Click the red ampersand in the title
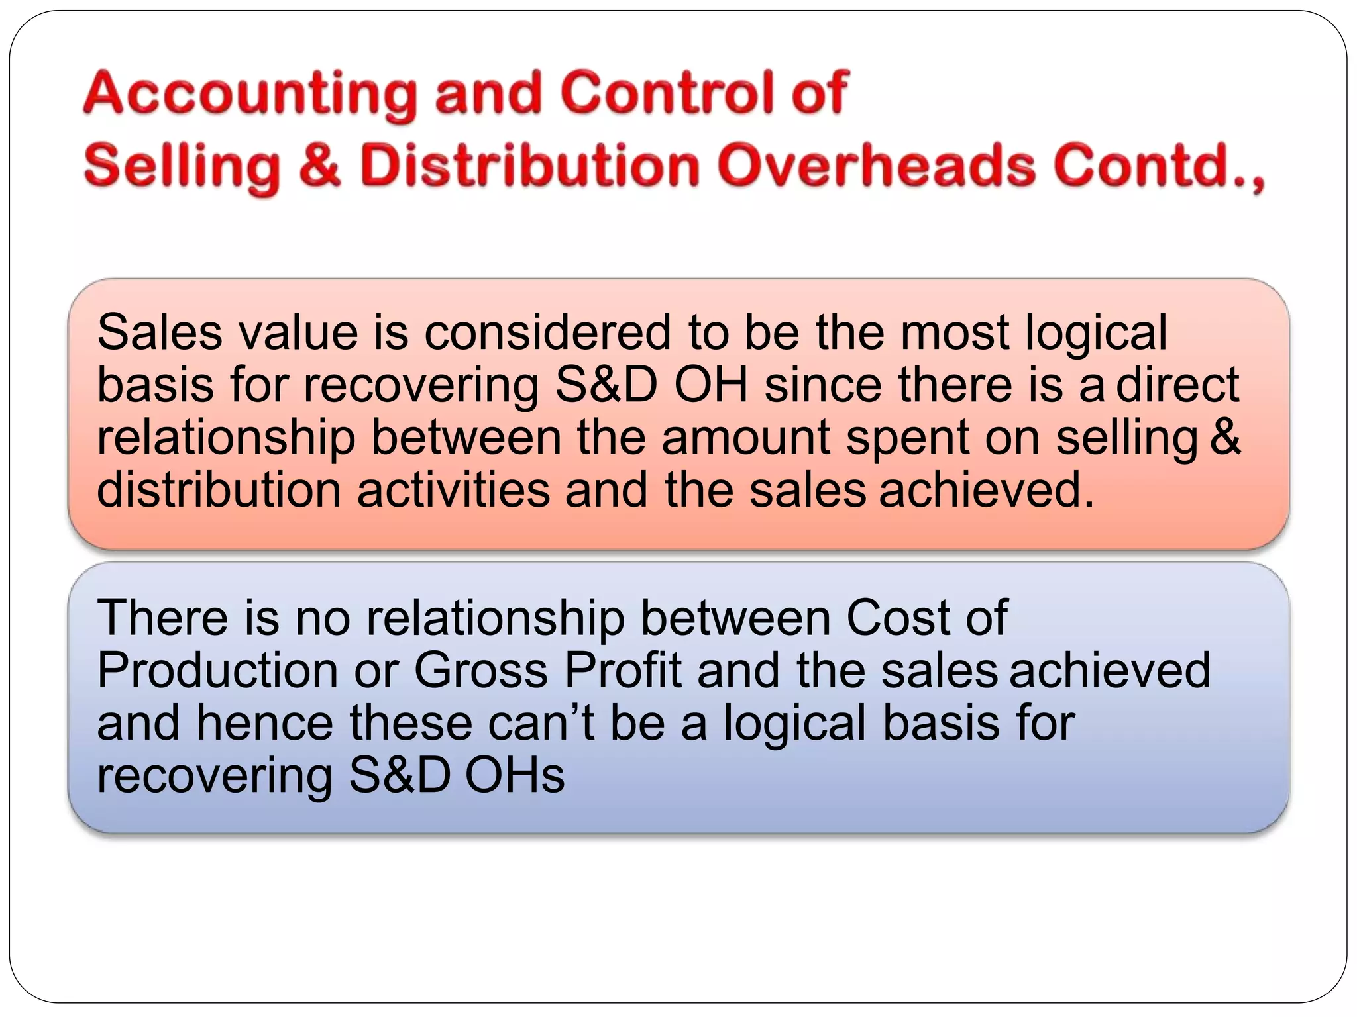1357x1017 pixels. coord(319,166)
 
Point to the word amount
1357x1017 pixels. coord(746,438)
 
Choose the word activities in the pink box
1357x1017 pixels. coord(454,490)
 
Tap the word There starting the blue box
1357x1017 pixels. coord(163,618)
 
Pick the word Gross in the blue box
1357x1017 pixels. coord(481,671)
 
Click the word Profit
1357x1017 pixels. coord(623,671)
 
